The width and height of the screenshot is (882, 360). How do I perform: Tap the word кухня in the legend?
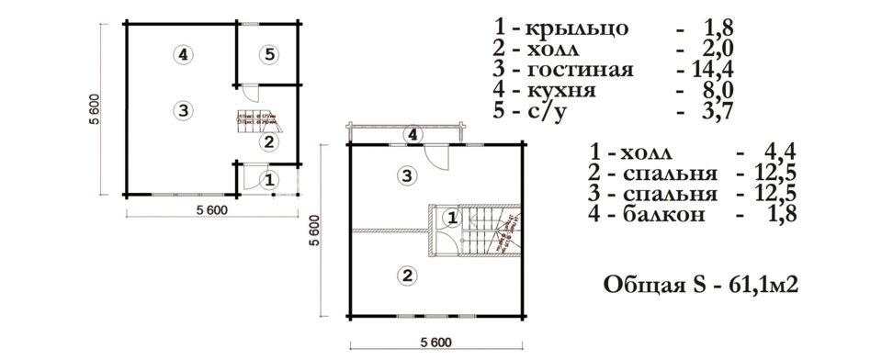(561, 91)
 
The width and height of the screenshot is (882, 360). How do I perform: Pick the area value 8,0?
(715, 91)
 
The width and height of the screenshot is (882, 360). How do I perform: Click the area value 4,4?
(777, 152)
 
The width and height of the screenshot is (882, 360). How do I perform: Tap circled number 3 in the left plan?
(184, 110)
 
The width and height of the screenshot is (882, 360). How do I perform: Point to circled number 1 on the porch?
(268, 180)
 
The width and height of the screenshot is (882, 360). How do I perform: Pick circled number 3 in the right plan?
(405, 174)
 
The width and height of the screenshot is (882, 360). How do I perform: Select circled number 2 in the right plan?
(405, 273)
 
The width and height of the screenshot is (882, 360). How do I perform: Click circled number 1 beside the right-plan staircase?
(451, 218)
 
